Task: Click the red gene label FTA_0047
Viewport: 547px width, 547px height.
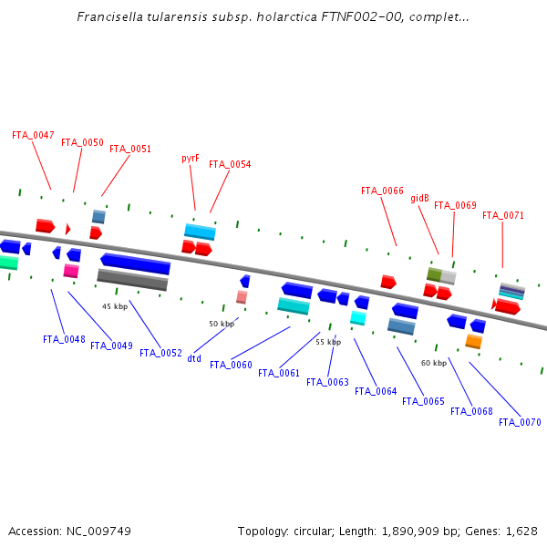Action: point(33,135)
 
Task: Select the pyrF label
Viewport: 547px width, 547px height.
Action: point(190,158)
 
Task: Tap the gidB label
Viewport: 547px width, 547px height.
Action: point(419,198)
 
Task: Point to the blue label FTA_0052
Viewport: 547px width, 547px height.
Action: point(160,353)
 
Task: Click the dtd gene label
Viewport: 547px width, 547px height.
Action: point(194,358)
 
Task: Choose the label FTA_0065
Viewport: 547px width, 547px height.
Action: point(423,401)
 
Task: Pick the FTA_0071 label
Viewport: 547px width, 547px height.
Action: point(503,215)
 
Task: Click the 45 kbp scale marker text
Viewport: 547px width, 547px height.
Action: point(115,306)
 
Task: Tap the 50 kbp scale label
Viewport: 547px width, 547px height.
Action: point(222,324)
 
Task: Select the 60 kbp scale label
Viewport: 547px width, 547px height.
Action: point(434,363)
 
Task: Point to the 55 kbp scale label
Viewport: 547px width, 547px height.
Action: point(328,342)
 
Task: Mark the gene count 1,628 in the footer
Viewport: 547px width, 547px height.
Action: point(520,531)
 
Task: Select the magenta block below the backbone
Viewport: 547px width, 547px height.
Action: point(70,271)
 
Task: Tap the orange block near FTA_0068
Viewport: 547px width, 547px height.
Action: point(473,341)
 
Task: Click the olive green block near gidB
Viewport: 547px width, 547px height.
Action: point(434,274)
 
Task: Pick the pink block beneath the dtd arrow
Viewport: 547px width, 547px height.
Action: point(242,297)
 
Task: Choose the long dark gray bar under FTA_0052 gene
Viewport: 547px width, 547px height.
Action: point(132,280)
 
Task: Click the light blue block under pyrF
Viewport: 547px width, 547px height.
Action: point(200,232)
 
